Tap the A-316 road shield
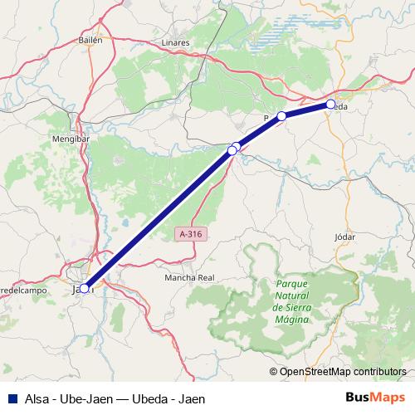click(x=190, y=235)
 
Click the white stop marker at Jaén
click(x=84, y=288)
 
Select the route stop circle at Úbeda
click(x=330, y=105)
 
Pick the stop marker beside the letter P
click(x=281, y=116)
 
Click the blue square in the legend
click(x=11, y=398)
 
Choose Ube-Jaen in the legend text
click(x=86, y=398)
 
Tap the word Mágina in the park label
click(x=290, y=320)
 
